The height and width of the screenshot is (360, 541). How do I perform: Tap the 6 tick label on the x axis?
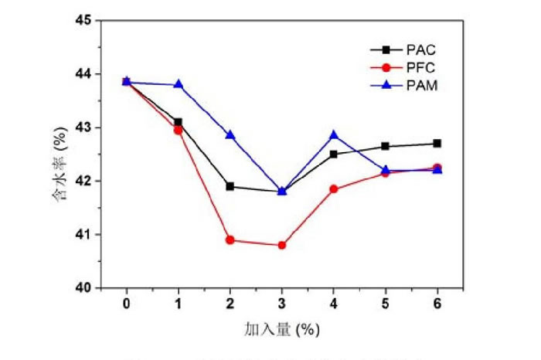point(437,304)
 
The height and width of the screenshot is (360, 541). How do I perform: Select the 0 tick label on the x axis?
point(126,304)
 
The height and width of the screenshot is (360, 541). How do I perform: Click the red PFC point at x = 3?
point(282,245)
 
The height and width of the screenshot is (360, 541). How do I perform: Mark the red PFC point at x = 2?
point(230,239)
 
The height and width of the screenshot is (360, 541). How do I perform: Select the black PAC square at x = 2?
point(230,186)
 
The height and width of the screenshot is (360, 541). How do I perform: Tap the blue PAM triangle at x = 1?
point(178,84)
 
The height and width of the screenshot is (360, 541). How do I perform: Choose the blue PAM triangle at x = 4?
point(334,134)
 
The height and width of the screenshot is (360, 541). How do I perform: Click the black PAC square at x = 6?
point(437,143)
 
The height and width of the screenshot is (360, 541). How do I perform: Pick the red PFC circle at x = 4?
point(334,188)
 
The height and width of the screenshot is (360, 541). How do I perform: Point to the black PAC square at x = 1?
point(178,122)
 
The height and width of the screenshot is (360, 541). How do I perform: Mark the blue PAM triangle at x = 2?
point(230,134)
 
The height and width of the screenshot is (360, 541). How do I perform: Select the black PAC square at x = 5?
point(386,146)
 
